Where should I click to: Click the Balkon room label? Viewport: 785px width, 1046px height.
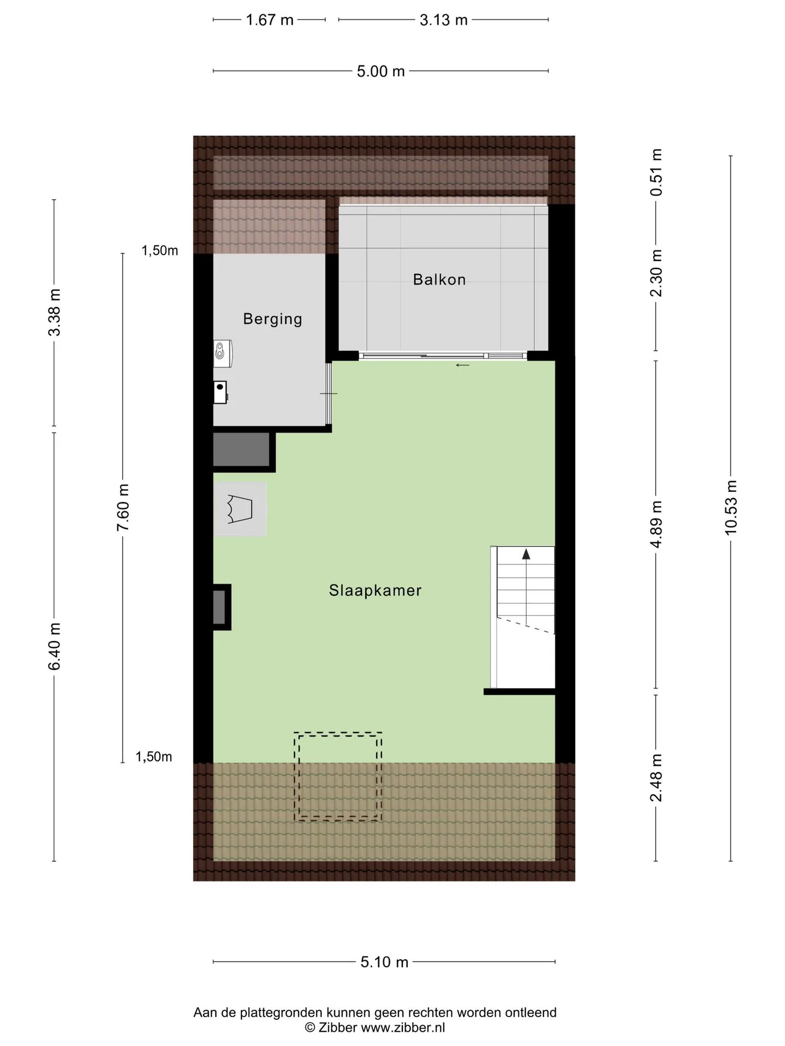(x=439, y=279)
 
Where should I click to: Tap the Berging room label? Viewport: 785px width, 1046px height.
(x=273, y=319)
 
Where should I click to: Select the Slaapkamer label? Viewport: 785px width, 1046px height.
(x=375, y=591)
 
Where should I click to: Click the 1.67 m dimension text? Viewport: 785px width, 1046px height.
(x=269, y=20)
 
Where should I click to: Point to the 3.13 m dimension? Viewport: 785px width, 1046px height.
(x=443, y=20)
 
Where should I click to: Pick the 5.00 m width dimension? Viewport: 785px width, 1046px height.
(x=381, y=71)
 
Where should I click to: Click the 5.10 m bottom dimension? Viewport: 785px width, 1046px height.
(x=384, y=962)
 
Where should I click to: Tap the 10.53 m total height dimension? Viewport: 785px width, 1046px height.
(x=730, y=508)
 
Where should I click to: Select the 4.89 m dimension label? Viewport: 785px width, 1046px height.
(x=656, y=524)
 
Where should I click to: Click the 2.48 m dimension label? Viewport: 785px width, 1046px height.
(x=656, y=778)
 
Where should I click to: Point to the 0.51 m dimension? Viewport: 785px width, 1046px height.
(x=656, y=172)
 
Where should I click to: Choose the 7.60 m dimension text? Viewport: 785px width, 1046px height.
(x=123, y=507)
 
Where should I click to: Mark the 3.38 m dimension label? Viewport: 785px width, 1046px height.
(x=55, y=312)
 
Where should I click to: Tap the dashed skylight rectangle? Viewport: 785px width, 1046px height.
(x=338, y=733)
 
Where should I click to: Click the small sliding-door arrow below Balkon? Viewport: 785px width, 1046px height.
(x=462, y=365)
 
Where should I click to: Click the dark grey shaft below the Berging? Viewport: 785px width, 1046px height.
(x=241, y=449)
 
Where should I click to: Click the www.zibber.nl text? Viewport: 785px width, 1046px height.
(x=403, y=1027)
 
